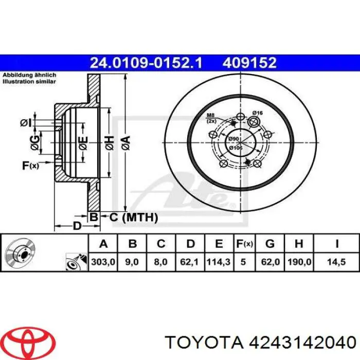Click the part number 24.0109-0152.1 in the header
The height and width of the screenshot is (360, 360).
pos(147,63)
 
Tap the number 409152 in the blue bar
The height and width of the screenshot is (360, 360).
pos(249,63)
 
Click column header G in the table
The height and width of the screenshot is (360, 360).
pos(271,244)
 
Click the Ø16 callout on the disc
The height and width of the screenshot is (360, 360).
pos(257,113)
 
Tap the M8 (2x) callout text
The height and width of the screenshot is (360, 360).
pos(211,118)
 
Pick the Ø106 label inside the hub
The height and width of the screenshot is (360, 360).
pos(236,148)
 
